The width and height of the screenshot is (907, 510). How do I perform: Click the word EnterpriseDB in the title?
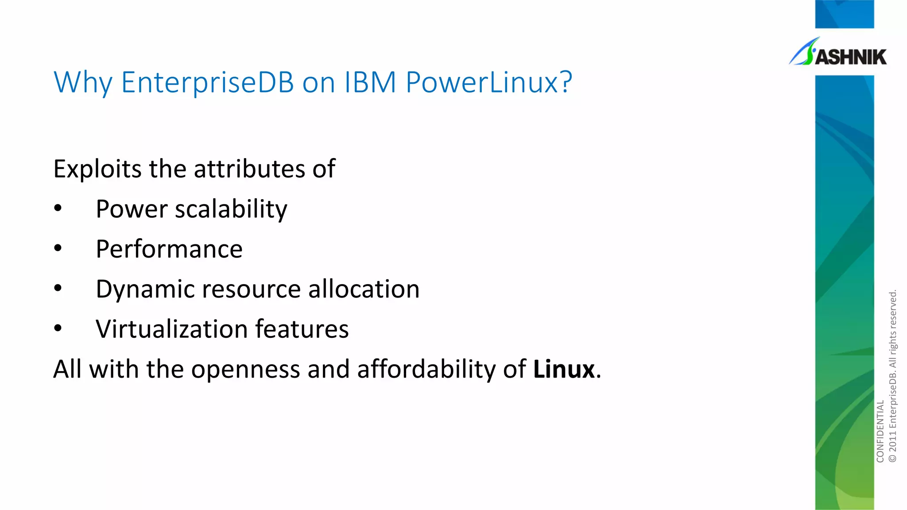(x=207, y=82)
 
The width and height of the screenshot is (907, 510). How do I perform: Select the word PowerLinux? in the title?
(x=489, y=82)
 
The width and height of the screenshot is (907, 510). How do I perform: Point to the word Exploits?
(x=97, y=169)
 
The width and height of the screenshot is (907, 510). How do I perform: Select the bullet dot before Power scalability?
(x=58, y=209)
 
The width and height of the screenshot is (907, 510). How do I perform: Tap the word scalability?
(x=231, y=209)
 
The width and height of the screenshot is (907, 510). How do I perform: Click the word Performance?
(x=169, y=249)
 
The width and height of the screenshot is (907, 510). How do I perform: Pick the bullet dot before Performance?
(x=58, y=248)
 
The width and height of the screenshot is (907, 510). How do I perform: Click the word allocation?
(x=364, y=289)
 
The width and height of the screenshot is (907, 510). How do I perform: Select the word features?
(x=302, y=329)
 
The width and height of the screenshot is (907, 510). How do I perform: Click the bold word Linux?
(x=563, y=369)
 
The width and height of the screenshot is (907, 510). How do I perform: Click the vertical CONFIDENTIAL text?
(x=880, y=431)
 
